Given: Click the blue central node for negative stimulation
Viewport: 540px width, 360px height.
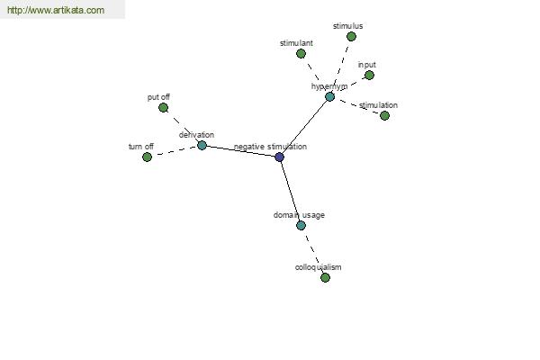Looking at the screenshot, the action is click(x=280, y=157).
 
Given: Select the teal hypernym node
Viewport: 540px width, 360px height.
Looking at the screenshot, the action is click(x=329, y=97).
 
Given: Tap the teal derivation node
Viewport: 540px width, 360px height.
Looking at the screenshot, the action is click(x=202, y=146).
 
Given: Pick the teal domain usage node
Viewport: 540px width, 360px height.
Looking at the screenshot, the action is click(x=301, y=226).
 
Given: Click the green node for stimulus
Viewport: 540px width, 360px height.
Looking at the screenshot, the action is click(x=351, y=37).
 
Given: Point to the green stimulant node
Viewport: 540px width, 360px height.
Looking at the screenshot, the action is click(x=301, y=54).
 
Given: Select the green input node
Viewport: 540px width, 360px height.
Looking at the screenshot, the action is click(x=369, y=75).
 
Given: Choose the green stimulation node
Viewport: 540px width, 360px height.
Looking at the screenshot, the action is click(x=384, y=116).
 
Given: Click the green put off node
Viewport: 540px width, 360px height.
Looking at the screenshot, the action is click(x=163, y=108).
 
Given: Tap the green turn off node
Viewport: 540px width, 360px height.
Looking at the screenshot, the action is click(x=147, y=157).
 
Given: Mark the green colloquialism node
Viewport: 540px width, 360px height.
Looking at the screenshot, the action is click(x=325, y=277).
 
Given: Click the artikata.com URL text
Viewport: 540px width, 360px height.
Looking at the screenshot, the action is click(x=56, y=10).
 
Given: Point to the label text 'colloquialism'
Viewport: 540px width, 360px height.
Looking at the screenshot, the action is click(x=319, y=267).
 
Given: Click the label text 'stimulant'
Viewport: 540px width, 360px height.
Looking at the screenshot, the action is click(x=296, y=43).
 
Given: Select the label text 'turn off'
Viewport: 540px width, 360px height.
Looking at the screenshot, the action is click(x=141, y=147).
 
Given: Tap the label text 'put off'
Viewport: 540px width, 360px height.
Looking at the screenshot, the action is click(x=158, y=97).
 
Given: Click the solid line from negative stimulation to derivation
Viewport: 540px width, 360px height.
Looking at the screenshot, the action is click(x=240, y=151).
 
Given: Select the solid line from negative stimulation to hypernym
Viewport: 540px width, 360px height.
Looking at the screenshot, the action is click(x=304, y=127).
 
